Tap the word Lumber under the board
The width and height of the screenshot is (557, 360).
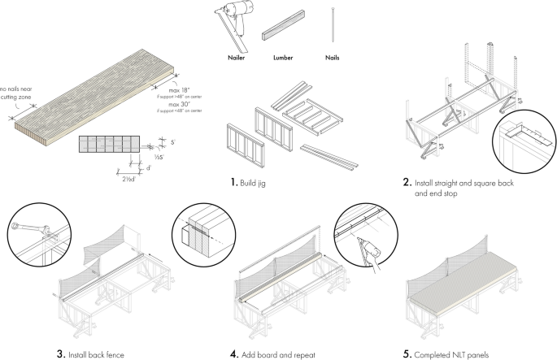point(283,59)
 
